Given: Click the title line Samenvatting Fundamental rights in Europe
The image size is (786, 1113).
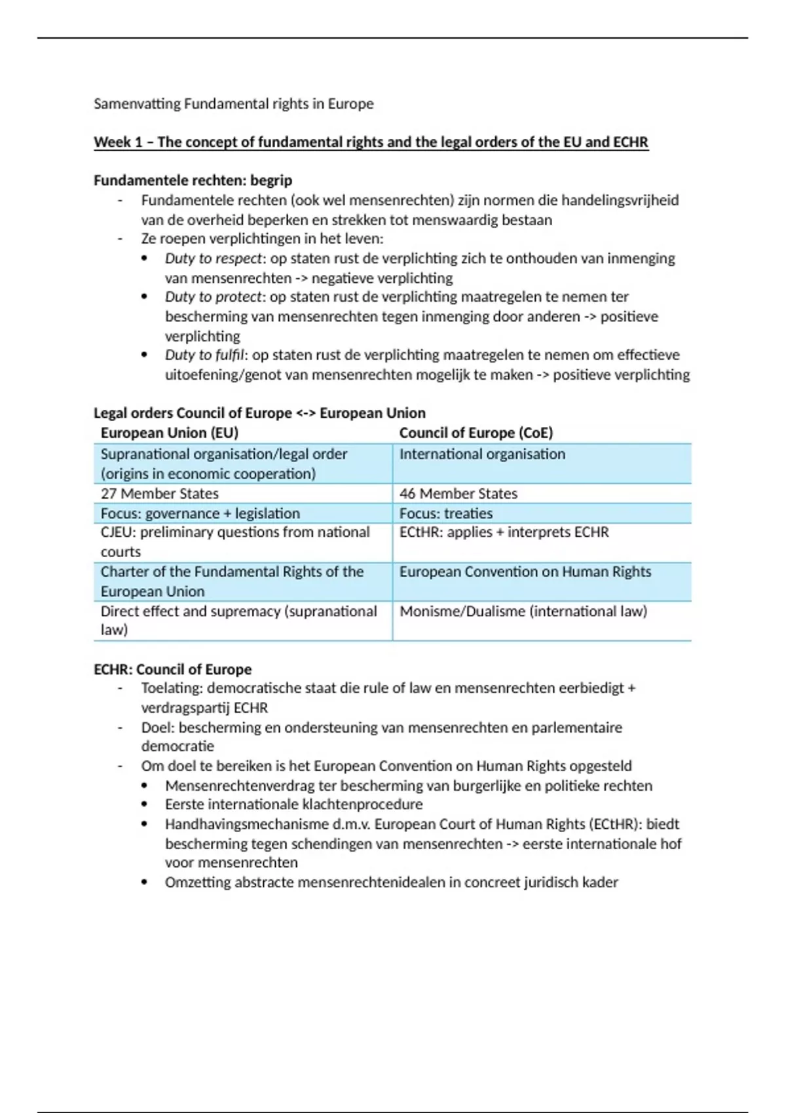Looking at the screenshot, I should pos(233,104).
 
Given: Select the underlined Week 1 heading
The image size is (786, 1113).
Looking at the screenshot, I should pos(371,143).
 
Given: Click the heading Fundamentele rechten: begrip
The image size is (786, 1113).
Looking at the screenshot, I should pos(193,181).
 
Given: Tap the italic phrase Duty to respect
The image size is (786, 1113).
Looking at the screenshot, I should pos(213,259).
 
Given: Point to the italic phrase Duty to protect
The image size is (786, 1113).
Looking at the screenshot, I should pos(213,297).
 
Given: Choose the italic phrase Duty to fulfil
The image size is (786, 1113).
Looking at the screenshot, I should pos(206,356).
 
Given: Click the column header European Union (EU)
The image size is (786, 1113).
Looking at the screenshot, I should pos(169,433).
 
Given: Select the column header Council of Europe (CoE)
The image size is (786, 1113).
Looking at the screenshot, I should pos(476,433).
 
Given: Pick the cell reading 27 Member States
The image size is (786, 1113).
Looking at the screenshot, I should pos(160,494).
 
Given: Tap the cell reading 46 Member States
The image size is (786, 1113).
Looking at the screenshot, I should pos(458,494).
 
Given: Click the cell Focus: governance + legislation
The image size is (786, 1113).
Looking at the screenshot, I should pos(200,514).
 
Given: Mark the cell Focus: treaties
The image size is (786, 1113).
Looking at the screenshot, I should pos(446,514).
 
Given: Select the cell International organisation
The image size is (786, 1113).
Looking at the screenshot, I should pos(482,454).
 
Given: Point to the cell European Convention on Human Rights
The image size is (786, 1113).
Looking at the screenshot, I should pos(525,572).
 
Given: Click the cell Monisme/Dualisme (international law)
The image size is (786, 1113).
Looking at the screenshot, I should pos(523,611).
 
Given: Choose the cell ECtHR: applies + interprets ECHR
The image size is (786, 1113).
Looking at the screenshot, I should pos(504,533).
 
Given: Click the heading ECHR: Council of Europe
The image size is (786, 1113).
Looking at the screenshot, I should pos(173,670).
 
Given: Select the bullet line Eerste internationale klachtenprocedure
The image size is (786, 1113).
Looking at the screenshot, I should pos(293,805).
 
